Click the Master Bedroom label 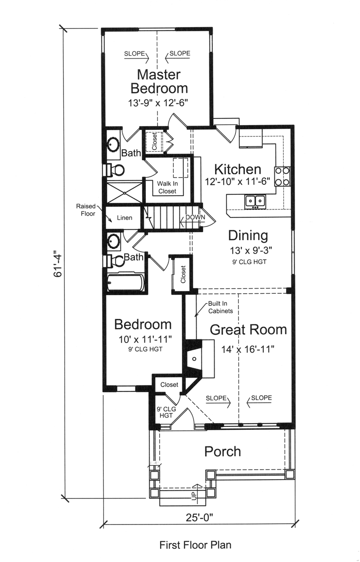click(x=159, y=82)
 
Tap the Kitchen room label click(x=237, y=169)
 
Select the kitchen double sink click(x=255, y=201)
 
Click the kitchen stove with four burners click(x=282, y=176)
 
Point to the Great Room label click(x=248, y=330)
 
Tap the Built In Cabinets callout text click(x=220, y=307)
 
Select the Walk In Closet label click(x=167, y=188)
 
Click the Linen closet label click(x=125, y=218)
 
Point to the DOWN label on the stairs click(x=195, y=217)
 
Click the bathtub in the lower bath click(x=126, y=282)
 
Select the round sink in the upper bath click(x=114, y=145)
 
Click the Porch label click(x=223, y=451)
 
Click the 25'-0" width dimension click(x=199, y=517)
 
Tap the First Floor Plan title click(x=195, y=545)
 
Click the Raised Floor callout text click(x=86, y=210)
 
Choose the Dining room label click(x=248, y=236)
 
